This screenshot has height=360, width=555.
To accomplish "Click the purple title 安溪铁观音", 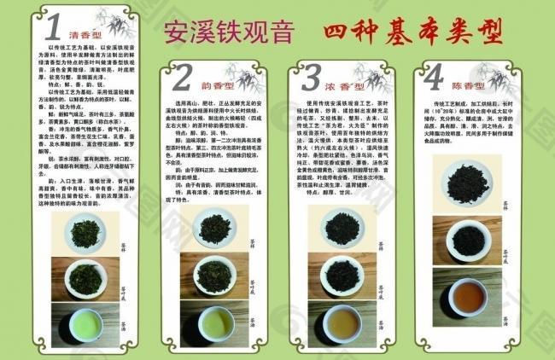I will coord(229,32).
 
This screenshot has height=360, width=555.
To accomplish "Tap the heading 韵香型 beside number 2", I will coord(217,85).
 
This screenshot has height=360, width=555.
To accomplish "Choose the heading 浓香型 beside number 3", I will coord(349,85).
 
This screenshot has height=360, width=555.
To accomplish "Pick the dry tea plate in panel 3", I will coord(345,228).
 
